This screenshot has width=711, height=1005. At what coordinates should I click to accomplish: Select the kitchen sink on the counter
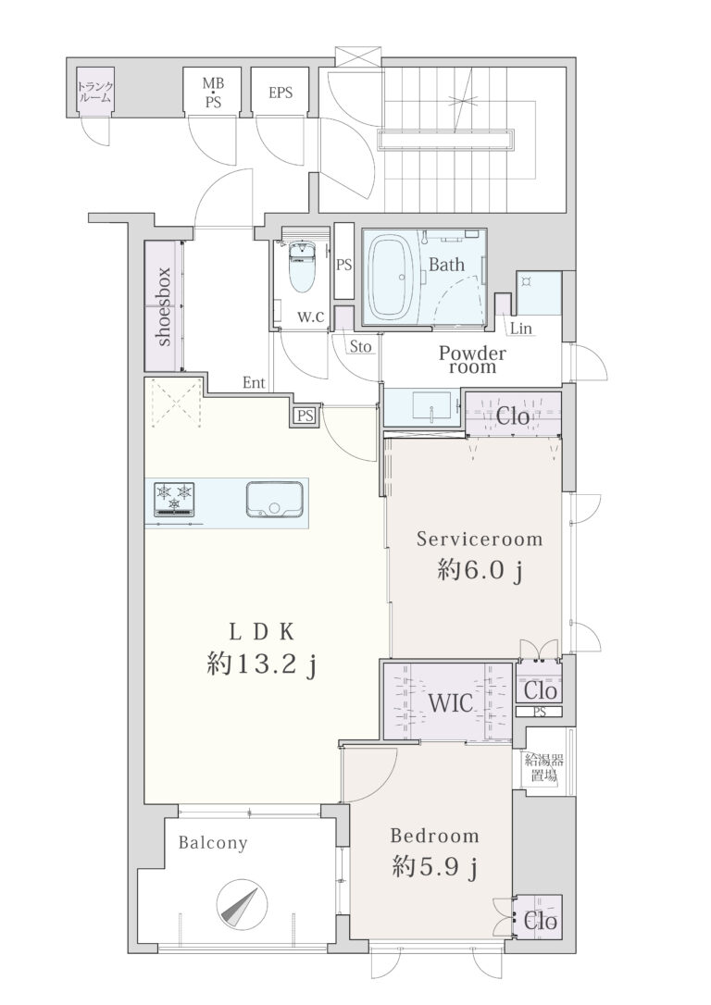[273, 499]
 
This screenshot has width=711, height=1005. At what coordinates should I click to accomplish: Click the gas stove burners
[174, 499]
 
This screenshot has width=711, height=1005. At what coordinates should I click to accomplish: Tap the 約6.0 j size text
[479, 569]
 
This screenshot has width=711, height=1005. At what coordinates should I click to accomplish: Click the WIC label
[450, 703]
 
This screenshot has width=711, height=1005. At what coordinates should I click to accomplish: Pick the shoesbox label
[164, 306]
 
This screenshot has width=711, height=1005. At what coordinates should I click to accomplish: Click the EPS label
[281, 93]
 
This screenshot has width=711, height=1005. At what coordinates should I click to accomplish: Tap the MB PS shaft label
[213, 93]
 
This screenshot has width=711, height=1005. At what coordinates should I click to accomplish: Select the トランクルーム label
[94, 93]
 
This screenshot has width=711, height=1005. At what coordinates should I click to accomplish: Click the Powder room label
[472, 360]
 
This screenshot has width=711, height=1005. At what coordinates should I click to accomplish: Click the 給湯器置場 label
[544, 768]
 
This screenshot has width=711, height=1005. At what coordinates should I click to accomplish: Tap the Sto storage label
[360, 347]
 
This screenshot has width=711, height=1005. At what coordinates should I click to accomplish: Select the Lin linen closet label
[521, 329]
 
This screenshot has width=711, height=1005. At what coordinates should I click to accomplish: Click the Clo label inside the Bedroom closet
[541, 923]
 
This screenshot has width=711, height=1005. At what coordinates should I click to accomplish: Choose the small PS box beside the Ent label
[306, 416]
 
